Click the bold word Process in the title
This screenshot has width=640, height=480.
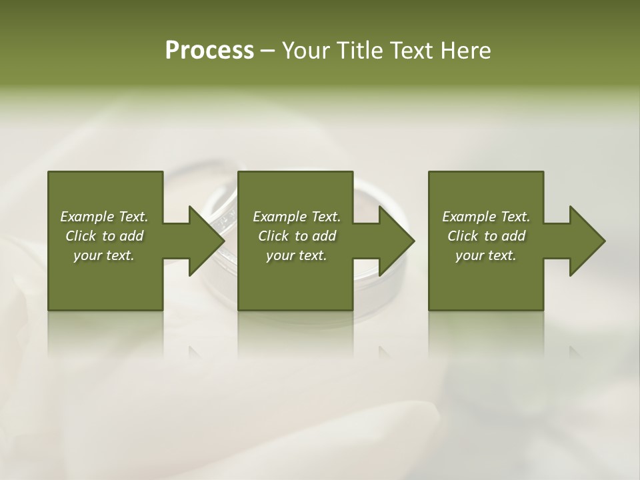[209, 51]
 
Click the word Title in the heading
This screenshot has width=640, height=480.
[360, 51]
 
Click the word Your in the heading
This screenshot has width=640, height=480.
[307, 51]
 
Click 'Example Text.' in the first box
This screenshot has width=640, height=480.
[104, 217]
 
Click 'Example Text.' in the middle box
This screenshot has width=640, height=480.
[297, 217]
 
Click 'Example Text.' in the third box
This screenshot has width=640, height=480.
[486, 217]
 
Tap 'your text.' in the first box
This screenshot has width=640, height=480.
[104, 255]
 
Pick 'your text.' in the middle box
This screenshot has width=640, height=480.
[297, 255]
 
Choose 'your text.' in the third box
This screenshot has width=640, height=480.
[486, 255]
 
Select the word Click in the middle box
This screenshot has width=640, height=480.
[273, 236]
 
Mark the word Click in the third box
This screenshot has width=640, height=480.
[463, 236]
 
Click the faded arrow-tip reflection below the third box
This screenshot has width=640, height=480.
[574, 351]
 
